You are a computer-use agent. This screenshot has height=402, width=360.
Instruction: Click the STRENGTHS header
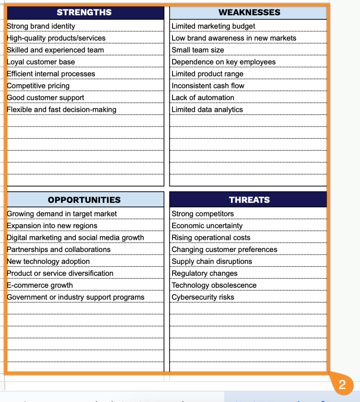(x=84, y=13)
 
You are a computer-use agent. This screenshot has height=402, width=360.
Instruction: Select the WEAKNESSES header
(x=249, y=13)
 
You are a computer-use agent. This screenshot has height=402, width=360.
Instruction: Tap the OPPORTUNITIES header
(x=84, y=200)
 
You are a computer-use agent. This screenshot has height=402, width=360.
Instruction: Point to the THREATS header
(x=249, y=200)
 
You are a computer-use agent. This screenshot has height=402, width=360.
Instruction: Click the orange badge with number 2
(x=342, y=385)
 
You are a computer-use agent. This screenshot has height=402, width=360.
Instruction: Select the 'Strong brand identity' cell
(x=41, y=26)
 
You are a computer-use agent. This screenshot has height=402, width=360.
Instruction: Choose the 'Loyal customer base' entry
(x=41, y=62)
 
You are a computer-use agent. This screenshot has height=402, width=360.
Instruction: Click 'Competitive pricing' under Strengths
(x=38, y=86)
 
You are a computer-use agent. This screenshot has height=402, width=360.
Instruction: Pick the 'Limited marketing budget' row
(x=213, y=26)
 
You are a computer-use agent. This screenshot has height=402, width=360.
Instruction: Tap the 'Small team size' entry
(x=198, y=50)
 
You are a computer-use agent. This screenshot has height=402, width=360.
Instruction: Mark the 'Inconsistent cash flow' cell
(x=208, y=86)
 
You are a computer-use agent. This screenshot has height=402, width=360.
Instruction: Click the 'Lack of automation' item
(x=203, y=98)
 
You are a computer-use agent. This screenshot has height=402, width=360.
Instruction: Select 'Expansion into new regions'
(x=52, y=226)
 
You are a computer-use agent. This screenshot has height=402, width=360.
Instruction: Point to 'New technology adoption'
(x=48, y=261)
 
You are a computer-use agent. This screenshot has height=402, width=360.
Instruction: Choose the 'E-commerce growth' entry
(x=40, y=285)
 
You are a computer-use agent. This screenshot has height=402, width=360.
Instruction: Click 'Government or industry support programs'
(x=76, y=297)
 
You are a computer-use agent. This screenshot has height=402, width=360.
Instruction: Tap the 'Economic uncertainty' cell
(x=207, y=226)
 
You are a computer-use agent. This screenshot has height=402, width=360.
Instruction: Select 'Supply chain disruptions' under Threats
(x=212, y=261)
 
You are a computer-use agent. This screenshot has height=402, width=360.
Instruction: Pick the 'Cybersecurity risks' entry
(x=203, y=297)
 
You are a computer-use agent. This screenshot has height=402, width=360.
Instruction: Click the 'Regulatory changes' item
(x=205, y=273)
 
